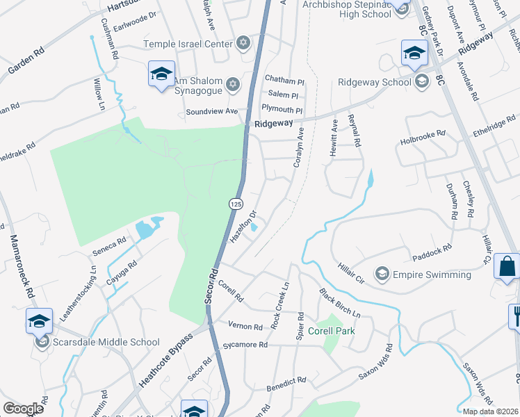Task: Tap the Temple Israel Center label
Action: (187, 44)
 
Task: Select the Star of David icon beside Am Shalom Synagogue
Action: (234, 84)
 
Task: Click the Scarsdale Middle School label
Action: (105, 343)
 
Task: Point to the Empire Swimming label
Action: (431, 275)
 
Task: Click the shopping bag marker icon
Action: (507, 265)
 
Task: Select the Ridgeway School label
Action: (374, 82)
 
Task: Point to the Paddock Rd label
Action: (432, 247)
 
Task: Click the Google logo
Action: (23, 409)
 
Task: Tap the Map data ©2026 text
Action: (489, 411)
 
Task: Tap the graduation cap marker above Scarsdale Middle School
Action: (40, 320)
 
